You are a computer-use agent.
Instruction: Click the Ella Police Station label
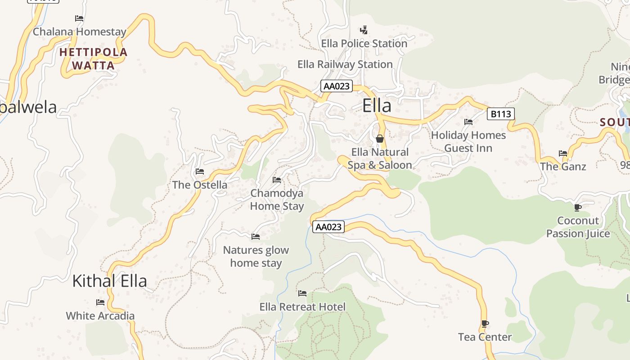(x=364, y=44)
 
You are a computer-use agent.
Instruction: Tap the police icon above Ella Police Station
(x=364, y=30)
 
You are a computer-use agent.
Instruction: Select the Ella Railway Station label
(x=345, y=64)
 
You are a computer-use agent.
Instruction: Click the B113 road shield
(x=500, y=114)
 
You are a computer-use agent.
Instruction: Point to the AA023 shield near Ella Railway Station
(x=336, y=86)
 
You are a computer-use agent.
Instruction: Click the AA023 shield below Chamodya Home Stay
(x=328, y=227)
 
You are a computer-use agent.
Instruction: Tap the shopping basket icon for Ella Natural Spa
(x=380, y=139)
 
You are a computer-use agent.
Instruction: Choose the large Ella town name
(x=377, y=106)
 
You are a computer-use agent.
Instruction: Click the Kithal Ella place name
(x=109, y=281)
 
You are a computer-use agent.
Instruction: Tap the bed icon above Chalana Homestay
(x=79, y=18)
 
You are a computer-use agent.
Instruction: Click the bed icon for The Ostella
(x=200, y=171)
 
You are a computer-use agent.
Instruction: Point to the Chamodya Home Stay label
(x=277, y=200)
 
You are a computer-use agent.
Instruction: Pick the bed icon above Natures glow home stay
(x=256, y=236)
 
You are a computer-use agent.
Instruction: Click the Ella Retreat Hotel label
(x=302, y=307)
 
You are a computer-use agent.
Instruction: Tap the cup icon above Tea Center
(x=485, y=324)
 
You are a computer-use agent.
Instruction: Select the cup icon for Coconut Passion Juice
(x=578, y=207)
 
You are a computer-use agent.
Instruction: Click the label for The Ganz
(x=563, y=166)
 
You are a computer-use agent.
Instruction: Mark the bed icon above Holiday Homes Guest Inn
(x=468, y=121)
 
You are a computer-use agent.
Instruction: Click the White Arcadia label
(x=100, y=316)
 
